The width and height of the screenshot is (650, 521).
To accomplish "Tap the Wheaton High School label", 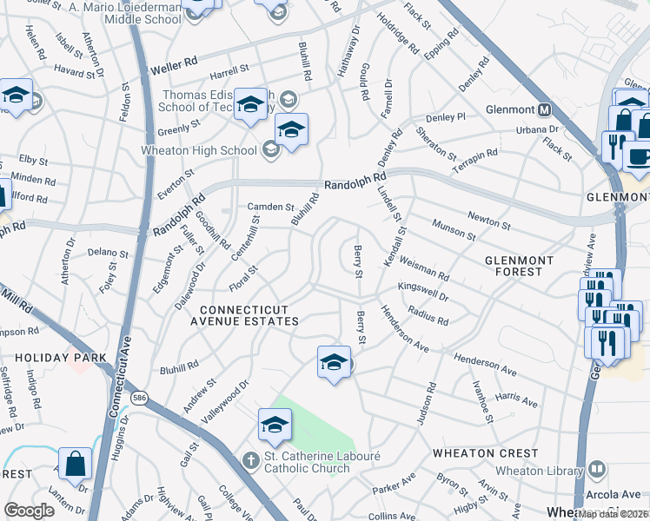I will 199,150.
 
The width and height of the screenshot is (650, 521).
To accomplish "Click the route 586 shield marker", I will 138,397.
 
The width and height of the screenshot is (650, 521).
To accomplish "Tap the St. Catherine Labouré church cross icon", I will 251,459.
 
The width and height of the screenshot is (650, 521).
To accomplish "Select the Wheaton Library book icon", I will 596,470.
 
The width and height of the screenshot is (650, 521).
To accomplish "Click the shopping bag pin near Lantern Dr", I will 76,464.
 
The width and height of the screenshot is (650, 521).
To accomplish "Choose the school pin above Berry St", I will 334,363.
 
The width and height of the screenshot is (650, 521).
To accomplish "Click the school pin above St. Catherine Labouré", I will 274,425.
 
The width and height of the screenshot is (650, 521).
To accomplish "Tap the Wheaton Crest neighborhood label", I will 487,453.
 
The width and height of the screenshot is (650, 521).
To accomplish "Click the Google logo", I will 30,511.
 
